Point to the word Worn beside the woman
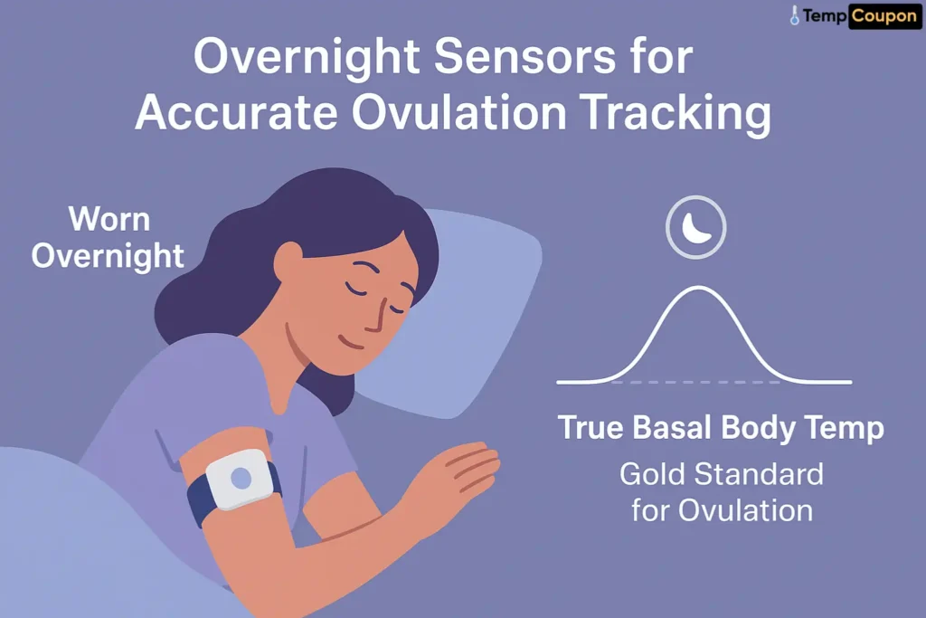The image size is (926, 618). click(x=109, y=219)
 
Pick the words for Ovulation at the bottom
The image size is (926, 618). click(x=722, y=509)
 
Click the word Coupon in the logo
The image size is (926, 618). click(x=884, y=15)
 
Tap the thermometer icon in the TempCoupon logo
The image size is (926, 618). click(x=795, y=15)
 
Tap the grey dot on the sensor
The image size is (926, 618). click(x=241, y=478)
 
